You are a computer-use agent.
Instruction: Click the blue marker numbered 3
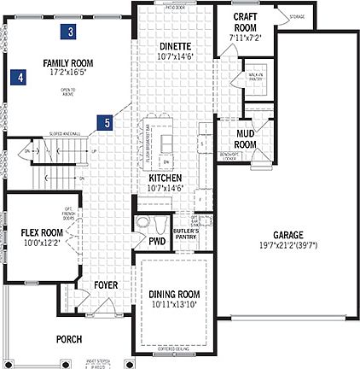point(71,32)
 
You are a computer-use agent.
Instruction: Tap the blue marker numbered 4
point(19,77)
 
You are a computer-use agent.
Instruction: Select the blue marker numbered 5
point(106,123)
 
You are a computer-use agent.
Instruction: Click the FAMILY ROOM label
point(68,62)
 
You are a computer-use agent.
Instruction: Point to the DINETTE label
point(175,46)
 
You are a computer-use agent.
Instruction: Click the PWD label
point(157,241)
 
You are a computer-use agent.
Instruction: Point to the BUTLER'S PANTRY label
point(185,234)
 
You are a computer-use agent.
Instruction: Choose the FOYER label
point(106,284)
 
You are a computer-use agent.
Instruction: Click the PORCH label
point(69,339)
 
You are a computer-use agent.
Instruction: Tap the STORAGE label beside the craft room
point(273,15)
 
